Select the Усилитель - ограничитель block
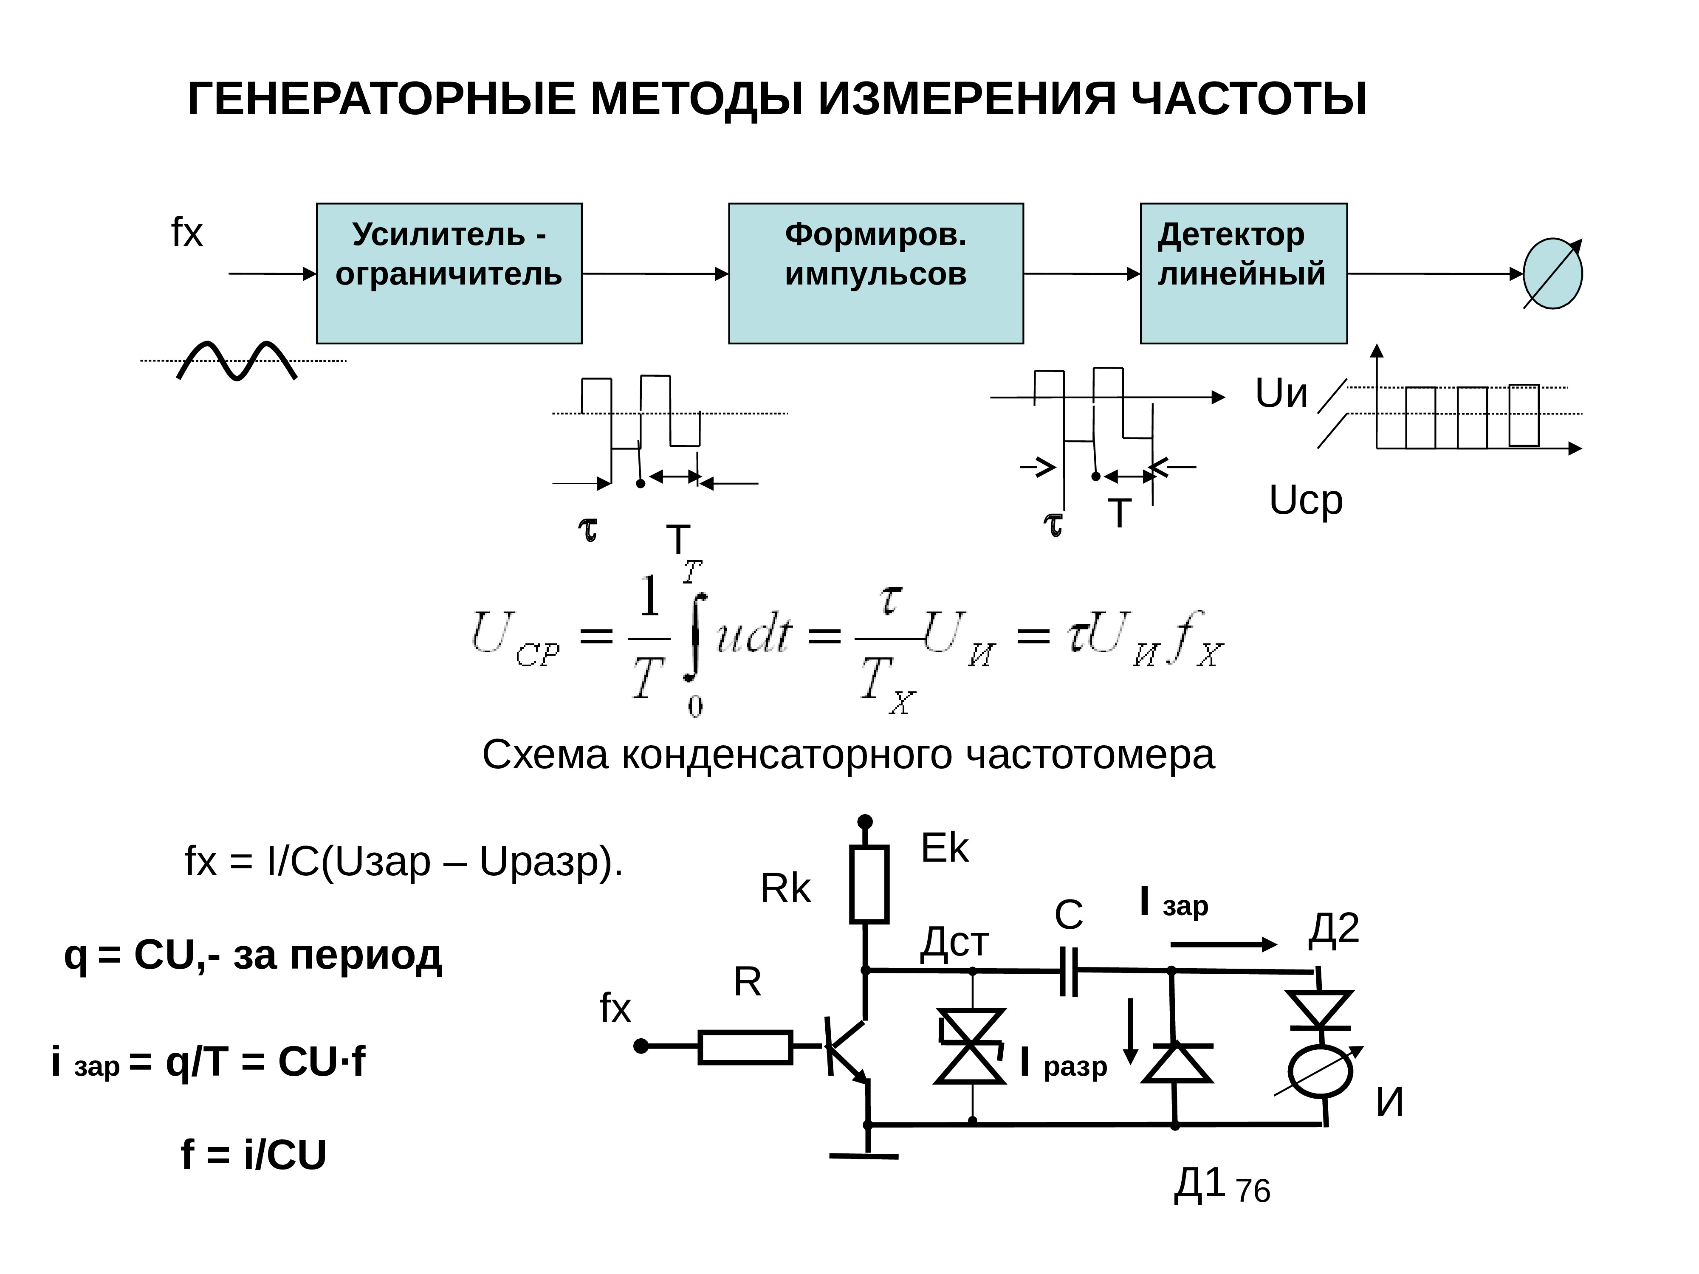449,273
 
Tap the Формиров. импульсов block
875,273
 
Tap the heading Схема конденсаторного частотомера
848,755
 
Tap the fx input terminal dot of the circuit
641,1046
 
